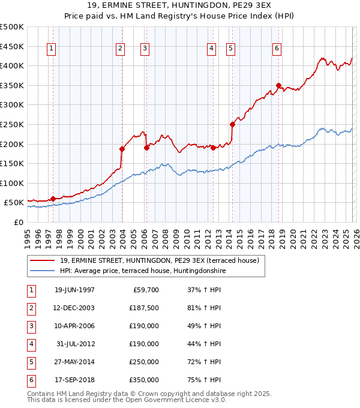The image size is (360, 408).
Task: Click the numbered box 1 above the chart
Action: tap(51, 49)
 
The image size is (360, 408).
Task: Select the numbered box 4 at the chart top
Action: tap(212, 49)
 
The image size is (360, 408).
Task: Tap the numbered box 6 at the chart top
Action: tap(277, 49)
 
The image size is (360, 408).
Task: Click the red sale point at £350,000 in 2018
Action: tap(278, 85)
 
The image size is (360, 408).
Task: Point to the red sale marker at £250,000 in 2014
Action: tap(232, 124)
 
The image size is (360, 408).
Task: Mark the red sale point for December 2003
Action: tap(122, 149)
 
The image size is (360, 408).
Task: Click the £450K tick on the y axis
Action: tap(13, 46)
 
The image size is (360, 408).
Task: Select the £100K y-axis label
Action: tap(13, 183)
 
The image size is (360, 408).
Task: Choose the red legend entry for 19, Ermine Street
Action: tap(158, 260)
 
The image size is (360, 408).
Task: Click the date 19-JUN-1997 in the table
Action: tap(74, 290)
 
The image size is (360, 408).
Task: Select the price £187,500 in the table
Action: tap(144, 308)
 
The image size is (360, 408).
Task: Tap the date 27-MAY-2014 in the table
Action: tap(74, 362)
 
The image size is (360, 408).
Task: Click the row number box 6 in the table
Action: tap(31, 380)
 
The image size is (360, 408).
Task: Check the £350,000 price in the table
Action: tap(144, 380)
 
